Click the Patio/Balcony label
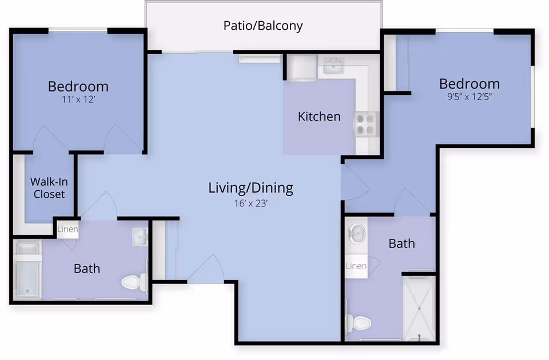[x=263, y=26]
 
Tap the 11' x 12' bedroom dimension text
[x=78, y=99]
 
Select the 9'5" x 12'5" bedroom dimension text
[x=470, y=97]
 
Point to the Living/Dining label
[x=250, y=188]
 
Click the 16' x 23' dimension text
[x=250, y=203]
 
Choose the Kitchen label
[x=319, y=117]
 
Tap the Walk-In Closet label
[x=49, y=188]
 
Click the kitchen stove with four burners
[x=366, y=125]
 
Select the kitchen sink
[x=333, y=66]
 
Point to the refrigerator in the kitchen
[x=302, y=68]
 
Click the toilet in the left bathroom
[x=134, y=282]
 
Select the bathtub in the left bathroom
[x=27, y=270]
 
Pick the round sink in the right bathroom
[x=357, y=233]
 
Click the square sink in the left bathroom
[x=140, y=237]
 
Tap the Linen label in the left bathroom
[x=67, y=229]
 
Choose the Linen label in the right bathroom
[x=356, y=266]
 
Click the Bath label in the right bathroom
[x=401, y=243]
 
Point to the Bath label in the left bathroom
[x=87, y=269]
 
